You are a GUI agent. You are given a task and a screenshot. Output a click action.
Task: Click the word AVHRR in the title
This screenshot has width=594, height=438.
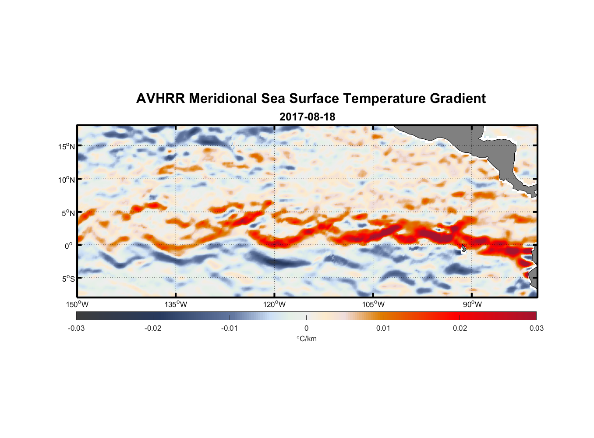click(x=160, y=99)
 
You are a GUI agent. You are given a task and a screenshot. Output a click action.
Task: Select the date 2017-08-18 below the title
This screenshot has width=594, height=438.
click(x=307, y=117)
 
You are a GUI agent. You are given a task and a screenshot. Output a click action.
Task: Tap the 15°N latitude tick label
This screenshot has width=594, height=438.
click(x=67, y=146)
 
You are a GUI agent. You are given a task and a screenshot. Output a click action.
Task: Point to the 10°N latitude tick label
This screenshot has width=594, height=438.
click(x=67, y=180)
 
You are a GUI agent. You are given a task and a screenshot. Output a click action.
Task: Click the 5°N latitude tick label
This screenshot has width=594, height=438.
click(x=68, y=213)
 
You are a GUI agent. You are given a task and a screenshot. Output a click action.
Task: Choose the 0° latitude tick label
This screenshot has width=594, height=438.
click(x=69, y=246)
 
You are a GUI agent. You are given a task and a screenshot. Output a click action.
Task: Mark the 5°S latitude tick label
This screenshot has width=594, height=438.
click(x=68, y=279)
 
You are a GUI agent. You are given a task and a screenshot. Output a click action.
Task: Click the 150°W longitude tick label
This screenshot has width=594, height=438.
click(x=77, y=304)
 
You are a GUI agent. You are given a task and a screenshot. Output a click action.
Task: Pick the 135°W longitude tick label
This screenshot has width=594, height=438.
click(x=176, y=304)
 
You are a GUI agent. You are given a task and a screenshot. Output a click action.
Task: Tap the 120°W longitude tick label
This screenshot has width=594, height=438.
click(x=275, y=304)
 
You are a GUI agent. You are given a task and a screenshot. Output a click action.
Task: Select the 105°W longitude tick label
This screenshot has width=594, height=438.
click(x=373, y=304)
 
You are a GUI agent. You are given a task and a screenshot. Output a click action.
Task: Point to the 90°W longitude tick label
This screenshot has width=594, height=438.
click(x=472, y=304)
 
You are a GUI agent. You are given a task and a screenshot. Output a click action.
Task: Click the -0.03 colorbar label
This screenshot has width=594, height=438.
click(x=76, y=328)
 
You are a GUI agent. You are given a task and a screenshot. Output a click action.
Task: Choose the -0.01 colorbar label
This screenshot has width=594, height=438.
click(x=229, y=328)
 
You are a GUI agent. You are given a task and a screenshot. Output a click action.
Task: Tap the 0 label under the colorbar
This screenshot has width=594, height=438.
click(x=306, y=328)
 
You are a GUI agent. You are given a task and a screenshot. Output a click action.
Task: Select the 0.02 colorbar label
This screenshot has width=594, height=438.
click(x=460, y=328)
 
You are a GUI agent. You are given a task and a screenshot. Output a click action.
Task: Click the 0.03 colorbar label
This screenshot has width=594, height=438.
click(x=536, y=328)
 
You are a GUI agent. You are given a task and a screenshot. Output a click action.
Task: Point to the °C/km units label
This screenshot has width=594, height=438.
click(x=306, y=339)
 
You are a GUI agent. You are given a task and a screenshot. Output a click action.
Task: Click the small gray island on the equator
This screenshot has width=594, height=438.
click(x=463, y=248)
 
